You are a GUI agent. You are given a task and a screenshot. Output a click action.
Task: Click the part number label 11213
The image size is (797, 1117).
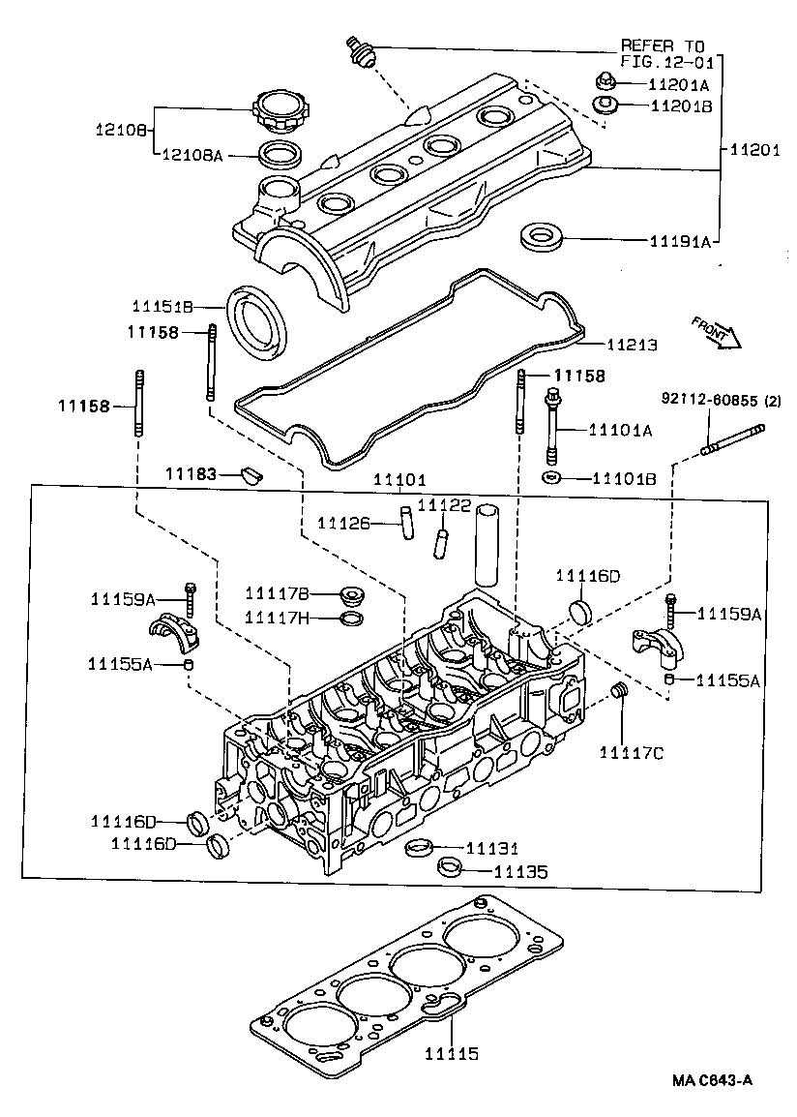pos(632,345)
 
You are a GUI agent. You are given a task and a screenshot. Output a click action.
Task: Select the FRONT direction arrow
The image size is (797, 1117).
pos(717,333)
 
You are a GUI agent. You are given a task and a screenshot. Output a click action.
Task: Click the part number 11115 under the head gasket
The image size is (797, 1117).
pos(451,1053)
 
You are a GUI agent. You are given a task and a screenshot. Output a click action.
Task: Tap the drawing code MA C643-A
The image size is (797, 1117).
pos(712,1080)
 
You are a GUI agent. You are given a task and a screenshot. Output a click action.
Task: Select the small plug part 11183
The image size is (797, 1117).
pos(252,473)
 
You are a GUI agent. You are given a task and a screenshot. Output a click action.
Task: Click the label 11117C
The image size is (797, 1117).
pos(632,752)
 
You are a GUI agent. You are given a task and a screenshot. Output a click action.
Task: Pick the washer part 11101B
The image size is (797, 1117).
pos(550,476)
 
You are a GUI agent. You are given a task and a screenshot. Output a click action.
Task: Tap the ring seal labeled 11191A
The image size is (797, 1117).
pos(542,237)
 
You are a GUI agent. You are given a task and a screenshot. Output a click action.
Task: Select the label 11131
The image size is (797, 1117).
pos(492,849)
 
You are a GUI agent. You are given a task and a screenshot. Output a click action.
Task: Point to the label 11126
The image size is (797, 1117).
pos(343,524)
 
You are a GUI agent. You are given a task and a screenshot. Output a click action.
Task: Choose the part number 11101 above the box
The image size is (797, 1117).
pos(399,480)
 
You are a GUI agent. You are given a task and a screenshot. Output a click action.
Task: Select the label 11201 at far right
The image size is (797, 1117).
pos(755,150)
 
